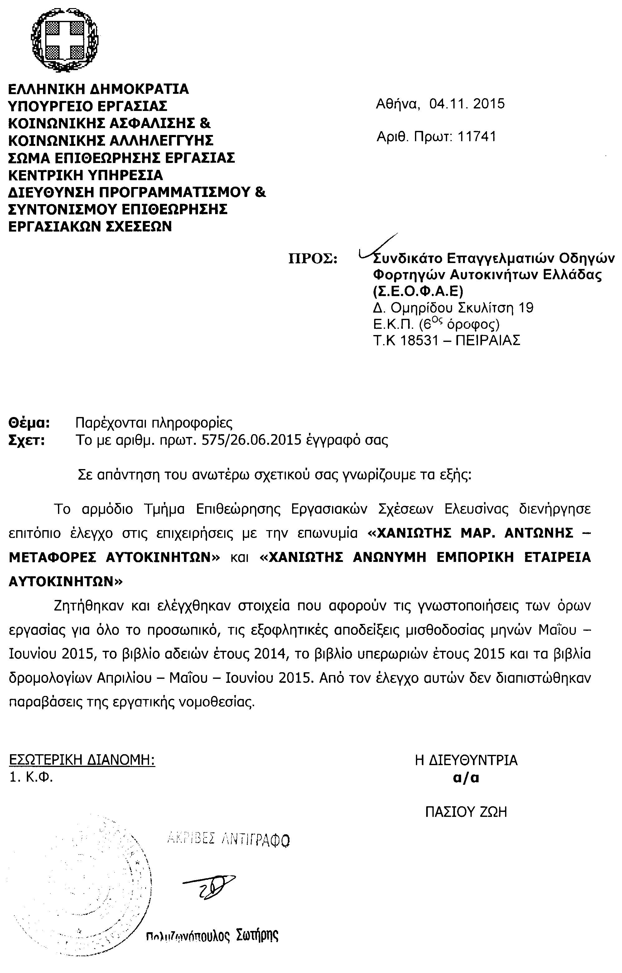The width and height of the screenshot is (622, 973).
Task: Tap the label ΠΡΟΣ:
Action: (313, 259)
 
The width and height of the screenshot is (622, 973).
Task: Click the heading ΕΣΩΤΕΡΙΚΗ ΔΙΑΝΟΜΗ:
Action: (82, 760)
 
